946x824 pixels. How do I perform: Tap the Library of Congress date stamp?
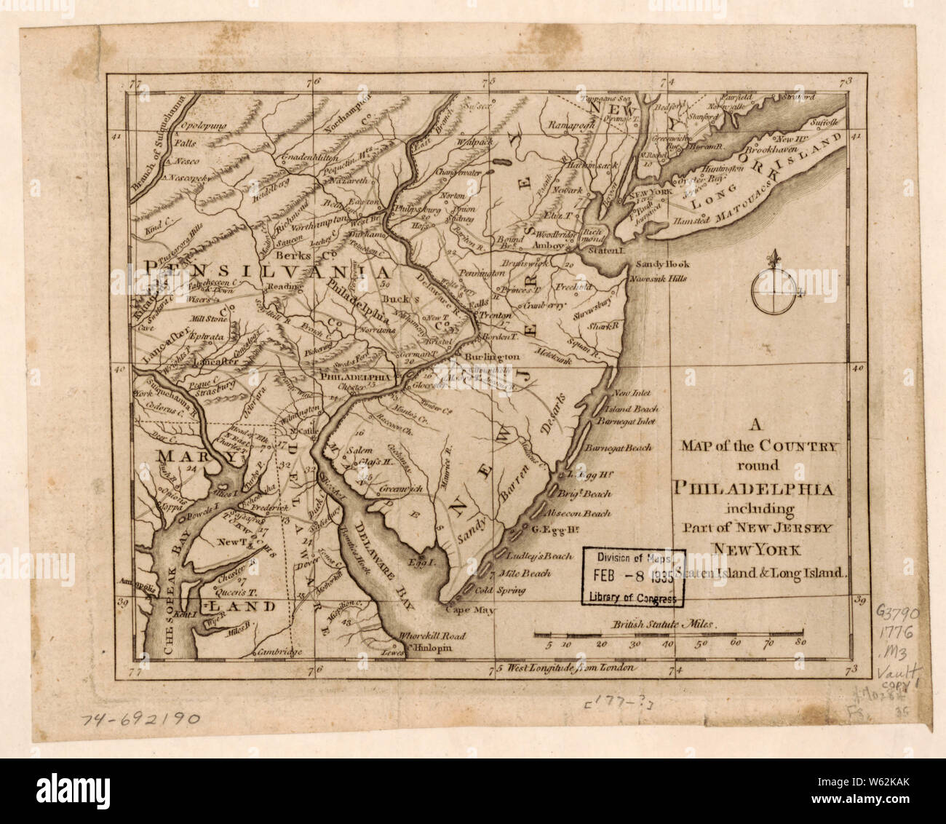[x=634, y=576]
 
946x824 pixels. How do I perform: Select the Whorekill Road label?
[x=425, y=635]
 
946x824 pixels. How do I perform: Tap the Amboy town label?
[x=545, y=246]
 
